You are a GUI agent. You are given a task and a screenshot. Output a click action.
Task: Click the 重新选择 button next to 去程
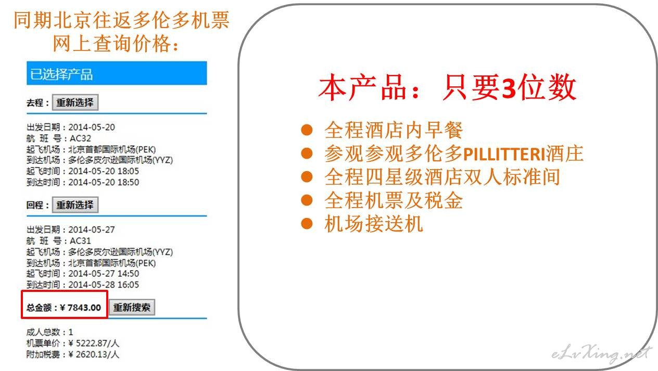coord(75,103)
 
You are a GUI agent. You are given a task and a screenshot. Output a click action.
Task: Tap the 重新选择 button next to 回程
coord(75,204)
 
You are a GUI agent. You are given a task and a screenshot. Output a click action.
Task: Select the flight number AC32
coord(80,138)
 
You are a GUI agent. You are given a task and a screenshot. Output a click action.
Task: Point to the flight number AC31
coord(80,241)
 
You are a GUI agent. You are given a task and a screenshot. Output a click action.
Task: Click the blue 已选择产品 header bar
coord(117,73)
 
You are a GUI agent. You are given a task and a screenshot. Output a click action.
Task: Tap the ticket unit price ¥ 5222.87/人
coord(94,343)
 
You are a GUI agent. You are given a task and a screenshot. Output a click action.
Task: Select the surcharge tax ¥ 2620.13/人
coord(94,354)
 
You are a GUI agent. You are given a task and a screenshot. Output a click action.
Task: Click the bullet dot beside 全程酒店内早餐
coord(307,130)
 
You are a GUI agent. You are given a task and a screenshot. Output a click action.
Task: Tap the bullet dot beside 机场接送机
coord(307,223)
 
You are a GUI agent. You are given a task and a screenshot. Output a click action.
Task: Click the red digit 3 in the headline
coord(509,88)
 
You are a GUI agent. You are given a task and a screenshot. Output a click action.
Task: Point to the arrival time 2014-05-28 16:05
coord(104,285)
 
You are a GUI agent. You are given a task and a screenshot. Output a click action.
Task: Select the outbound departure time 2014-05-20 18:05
coord(104,171)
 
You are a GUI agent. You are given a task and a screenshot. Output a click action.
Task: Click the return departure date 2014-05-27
coord(92,229)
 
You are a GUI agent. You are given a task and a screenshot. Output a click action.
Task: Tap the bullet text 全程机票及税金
coord(394,200)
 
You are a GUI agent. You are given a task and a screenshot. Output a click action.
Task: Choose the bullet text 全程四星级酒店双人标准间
coord(442,177)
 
